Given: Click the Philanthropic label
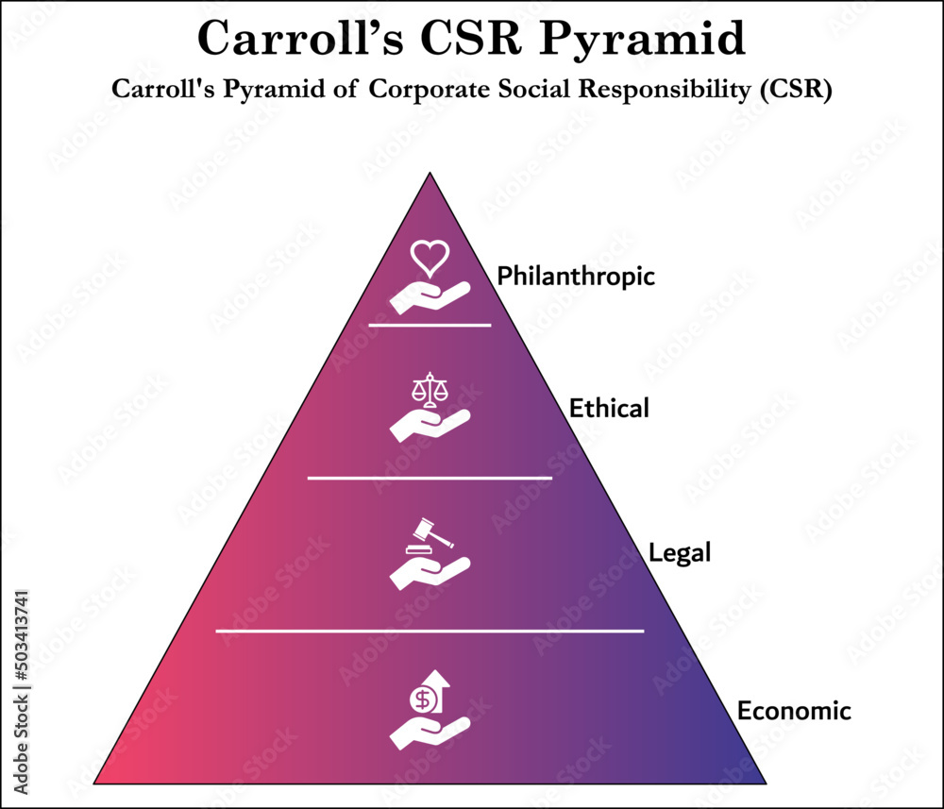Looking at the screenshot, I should (576, 277).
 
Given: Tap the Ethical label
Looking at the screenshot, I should (609, 409).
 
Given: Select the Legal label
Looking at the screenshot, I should (680, 553).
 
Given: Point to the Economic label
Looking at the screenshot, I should (794, 710).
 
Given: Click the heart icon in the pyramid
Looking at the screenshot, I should (430, 258).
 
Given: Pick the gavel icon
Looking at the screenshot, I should (430, 534).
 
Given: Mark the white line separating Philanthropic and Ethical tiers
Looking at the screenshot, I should (430, 325).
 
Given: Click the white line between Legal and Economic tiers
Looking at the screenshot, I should (430, 630).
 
